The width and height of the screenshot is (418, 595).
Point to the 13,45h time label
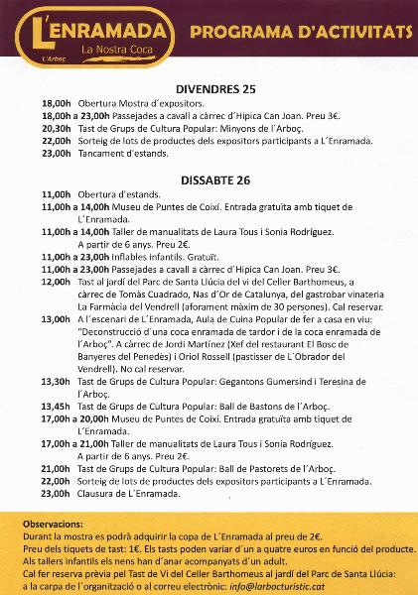(56, 406)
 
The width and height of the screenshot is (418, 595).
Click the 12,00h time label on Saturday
(56, 282)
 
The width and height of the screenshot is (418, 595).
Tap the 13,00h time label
(56, 319)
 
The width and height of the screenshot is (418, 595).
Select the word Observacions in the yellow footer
(50, 522)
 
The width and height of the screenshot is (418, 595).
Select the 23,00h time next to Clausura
(56, 492)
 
